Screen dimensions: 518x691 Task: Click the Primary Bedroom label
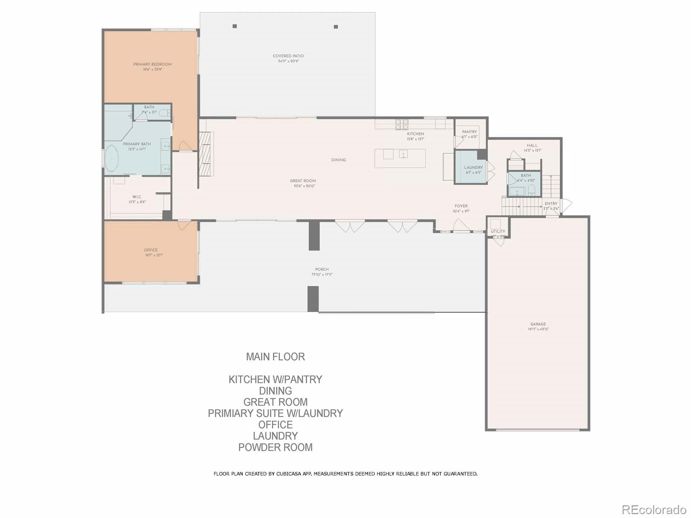pos(152,64)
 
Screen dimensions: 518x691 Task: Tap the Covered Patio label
pos(288,56)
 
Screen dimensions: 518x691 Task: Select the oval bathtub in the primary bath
pos(112,158)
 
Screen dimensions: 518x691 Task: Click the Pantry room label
pos(469,132)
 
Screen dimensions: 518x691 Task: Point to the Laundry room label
pos(473,167)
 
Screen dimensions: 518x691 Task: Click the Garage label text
pos(538,324)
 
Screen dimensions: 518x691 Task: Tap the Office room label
pos(151,250)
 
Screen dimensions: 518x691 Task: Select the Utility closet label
pos(498,232)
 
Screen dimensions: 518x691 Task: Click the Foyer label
pos(461,206)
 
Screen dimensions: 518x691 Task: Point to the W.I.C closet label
pos(137,197)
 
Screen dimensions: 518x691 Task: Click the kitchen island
pos(400,158)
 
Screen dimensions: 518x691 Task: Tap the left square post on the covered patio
pos(235,26)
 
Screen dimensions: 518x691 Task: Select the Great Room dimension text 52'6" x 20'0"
pos(303,186)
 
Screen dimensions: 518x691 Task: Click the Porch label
pos(322,269)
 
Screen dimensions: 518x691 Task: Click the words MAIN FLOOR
pos(275,357)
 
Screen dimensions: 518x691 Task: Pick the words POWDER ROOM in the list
pos(275,447)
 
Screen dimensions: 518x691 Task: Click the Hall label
pos(532,145)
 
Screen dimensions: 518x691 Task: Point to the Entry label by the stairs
pos(551,204)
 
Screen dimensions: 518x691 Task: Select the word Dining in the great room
pos(338,160)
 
